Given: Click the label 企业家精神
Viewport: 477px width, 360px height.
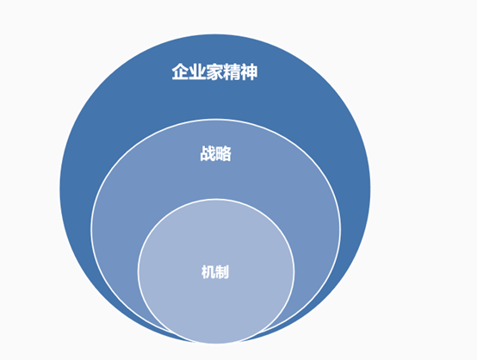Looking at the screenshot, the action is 214,72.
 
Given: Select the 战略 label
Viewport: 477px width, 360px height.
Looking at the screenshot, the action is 216,153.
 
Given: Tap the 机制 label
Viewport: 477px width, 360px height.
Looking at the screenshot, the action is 215,272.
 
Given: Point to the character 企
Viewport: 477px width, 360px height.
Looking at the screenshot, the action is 181,72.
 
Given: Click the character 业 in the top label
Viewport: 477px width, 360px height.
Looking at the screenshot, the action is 197,72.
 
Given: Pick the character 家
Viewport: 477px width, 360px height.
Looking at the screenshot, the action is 214,72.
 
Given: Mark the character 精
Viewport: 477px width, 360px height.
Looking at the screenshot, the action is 232,72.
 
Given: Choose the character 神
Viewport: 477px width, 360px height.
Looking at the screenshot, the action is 249,72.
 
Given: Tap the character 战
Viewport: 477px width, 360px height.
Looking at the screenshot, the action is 208,153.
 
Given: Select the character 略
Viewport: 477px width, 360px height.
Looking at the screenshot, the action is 224,153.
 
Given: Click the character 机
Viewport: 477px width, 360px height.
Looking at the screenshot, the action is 208,272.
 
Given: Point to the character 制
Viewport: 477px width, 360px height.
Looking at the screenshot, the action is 222,272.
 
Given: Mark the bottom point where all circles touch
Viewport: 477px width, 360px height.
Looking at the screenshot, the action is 216,344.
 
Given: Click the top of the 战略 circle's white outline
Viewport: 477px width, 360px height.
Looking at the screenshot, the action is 216,120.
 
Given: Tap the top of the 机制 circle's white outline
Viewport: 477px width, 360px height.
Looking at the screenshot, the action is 216,199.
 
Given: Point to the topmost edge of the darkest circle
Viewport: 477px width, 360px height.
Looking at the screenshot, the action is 214,34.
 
